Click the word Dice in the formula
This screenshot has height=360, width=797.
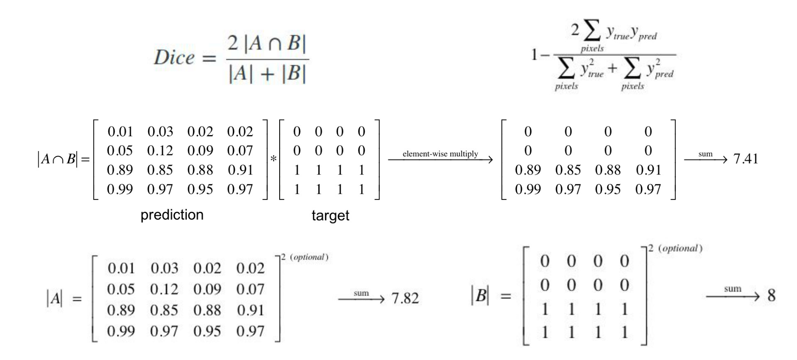click(174, 57)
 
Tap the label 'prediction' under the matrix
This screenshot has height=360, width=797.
click(172, 215)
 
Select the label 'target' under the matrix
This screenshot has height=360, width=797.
click(330, 216)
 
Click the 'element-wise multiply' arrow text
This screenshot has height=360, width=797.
click(440, 154)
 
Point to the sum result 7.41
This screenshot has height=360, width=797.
click(745, 159)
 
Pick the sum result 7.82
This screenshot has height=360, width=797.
click(405, 298)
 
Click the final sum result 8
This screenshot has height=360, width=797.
click(771, 296)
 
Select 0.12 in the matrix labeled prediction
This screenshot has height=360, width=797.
click(160, 151)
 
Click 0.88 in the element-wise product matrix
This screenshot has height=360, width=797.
click(608, 170)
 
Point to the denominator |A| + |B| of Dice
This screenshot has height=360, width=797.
click(267, 74)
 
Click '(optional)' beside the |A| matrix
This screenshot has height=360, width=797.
click(309, 257)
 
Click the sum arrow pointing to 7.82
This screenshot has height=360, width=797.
click(361, 298)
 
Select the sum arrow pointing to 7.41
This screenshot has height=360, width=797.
click(705, 158)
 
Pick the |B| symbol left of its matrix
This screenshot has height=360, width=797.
click(480, 295)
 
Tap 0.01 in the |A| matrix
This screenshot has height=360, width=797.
click(121, 268)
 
